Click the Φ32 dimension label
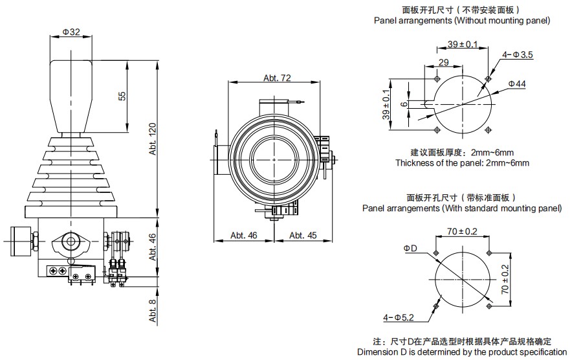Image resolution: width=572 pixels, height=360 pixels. click(x=72, y=32)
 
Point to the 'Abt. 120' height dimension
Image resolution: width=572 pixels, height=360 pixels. click(x=153, y=139)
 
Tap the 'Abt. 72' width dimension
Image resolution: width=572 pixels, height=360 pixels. click(x=277, y=78)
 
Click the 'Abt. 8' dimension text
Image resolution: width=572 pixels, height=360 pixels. click(x=153, y=311)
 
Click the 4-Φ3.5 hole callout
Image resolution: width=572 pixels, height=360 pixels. click(x=517, y=55)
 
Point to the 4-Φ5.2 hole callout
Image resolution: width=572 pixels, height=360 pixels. click(x=397, y=317)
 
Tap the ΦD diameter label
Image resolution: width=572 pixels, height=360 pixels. click(x=410, y=248)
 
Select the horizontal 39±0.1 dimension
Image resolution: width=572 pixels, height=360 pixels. click(x=463, y=44)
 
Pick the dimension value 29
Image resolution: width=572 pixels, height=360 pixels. click(x=443, y=62)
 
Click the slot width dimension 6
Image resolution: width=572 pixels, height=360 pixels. click(x=404, y=104)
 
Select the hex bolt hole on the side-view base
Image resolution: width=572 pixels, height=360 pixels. click(x=69, y=242)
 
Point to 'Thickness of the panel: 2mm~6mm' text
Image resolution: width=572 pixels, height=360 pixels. click(x=462, y=163)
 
